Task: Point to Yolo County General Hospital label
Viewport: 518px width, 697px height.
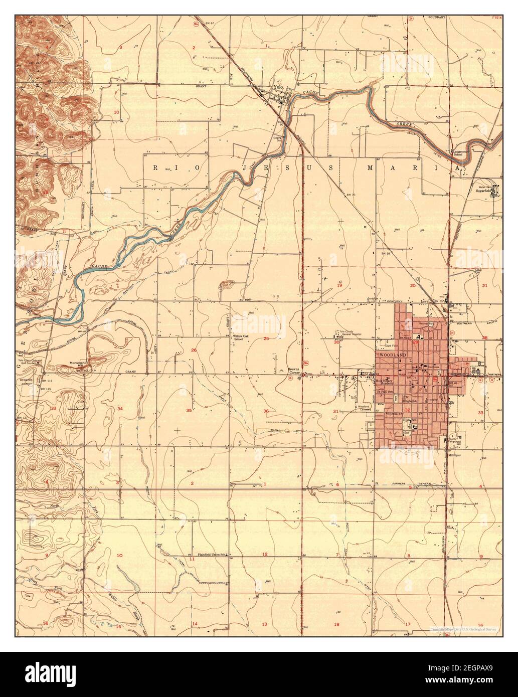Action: click(x=355, y=337)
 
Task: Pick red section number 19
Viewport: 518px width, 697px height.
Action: click(x=339, y=285)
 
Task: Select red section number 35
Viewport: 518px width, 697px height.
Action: click(x=189, y=411)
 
